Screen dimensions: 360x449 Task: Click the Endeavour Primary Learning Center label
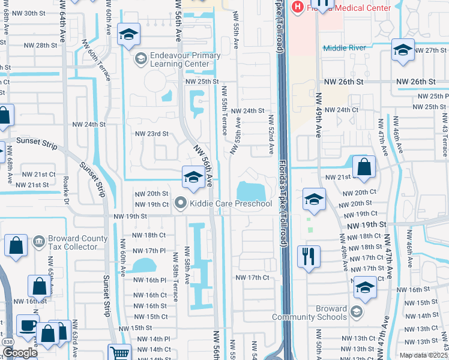coord(176,59)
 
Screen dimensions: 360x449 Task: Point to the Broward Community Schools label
coord(310,313)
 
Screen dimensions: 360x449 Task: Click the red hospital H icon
coord(296,8)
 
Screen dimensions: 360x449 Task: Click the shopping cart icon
coord(119,353)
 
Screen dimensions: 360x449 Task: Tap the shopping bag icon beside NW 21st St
coord(364,168)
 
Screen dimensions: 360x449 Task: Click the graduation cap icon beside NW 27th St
coord(403,51)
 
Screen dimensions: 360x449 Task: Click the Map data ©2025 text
coord(423,355)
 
